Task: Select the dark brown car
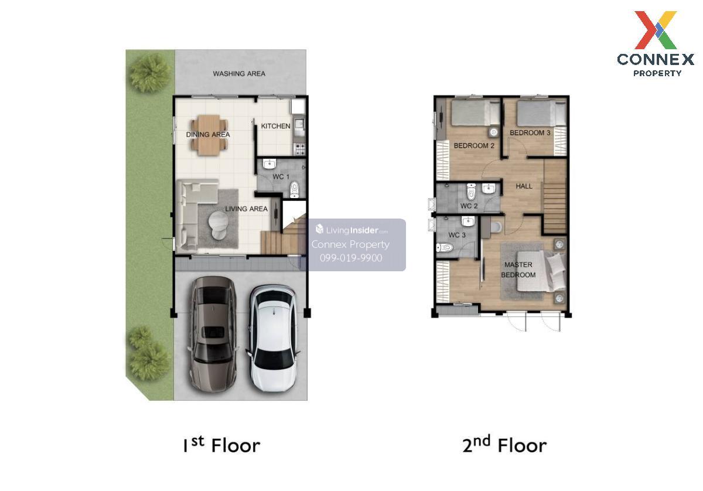click(x=213, y=334)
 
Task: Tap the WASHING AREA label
click(x=239, y=73)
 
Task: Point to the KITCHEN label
click(x=275, y=126)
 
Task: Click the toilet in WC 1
click(x=294, y=189)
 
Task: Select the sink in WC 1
click(x=269, y=164)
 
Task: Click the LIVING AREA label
click(x=247, y=209)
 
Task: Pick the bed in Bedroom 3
click(x=541, y=113)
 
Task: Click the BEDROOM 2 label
click(x=474, y=146)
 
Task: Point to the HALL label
click(x=524, y=186)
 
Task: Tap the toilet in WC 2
click(x=471, y=192)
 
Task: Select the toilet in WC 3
click(x=445, y=248)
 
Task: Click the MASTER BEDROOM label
click(x=518, y=270)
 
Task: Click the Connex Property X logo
click(x=656, y=30)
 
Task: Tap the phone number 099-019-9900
click(x=351, y=258)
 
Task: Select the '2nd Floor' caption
click(x=504, y=445)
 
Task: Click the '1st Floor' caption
click(x=221, y=445)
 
